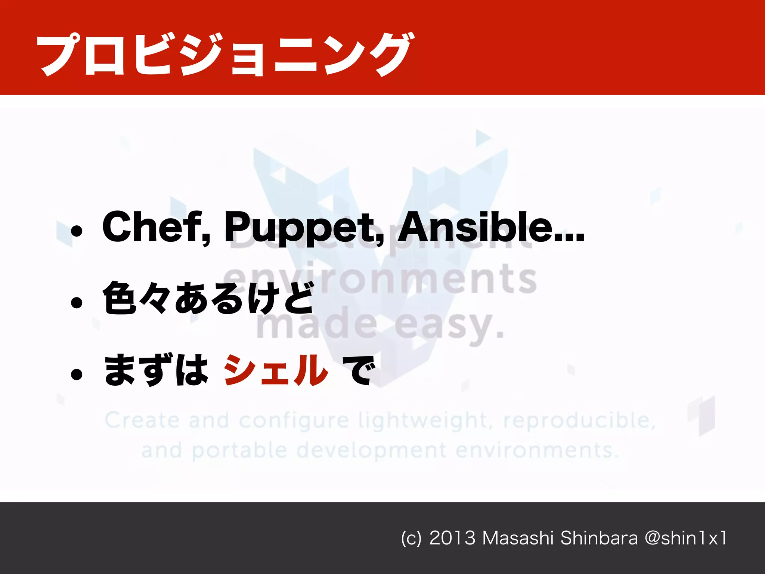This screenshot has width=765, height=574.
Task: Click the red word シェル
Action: [276, 370]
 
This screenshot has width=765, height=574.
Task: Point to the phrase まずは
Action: [156, 370]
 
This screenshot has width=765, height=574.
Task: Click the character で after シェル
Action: [358, 370]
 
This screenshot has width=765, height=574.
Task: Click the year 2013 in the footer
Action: [452, 538]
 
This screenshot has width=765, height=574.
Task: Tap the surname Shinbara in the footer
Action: [599, 538]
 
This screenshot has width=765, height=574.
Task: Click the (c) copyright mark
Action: [411, 538]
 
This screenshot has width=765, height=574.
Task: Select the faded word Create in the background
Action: [142, 420]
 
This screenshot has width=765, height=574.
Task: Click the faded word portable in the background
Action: [239, 451]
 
